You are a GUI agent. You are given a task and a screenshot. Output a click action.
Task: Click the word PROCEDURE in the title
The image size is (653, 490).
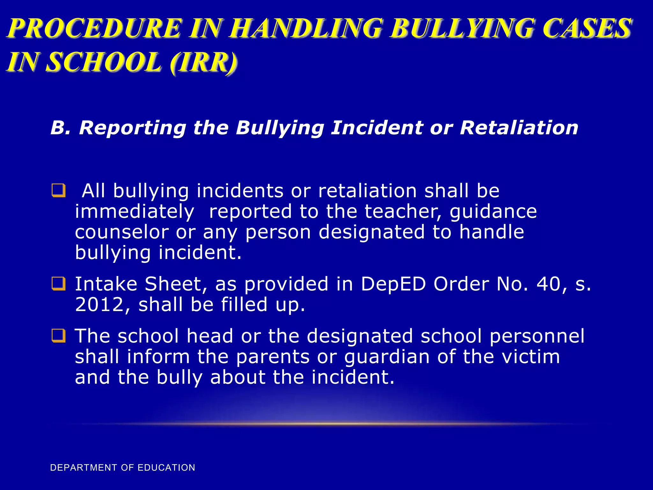pos(95,28)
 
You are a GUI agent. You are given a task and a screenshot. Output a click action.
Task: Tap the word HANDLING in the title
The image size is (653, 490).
pos(306,28)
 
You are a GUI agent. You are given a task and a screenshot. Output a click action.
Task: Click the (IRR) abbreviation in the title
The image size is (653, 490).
pos(204,62)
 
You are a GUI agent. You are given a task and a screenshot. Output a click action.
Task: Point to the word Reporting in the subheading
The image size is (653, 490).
pos(132,128)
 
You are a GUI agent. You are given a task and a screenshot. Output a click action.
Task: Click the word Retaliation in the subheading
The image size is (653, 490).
pos(519,128)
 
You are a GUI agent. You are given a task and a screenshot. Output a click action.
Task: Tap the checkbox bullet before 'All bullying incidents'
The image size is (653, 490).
pos(59,190)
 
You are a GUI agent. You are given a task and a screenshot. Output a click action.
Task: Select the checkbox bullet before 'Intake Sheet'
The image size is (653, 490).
pos(59,284)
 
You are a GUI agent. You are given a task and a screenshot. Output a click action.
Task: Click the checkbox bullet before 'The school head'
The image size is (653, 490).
pos(59,336)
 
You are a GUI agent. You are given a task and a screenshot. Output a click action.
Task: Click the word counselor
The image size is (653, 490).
pos(121,232)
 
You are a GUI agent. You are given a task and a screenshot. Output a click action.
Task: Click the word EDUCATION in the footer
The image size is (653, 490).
pos(166,468)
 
